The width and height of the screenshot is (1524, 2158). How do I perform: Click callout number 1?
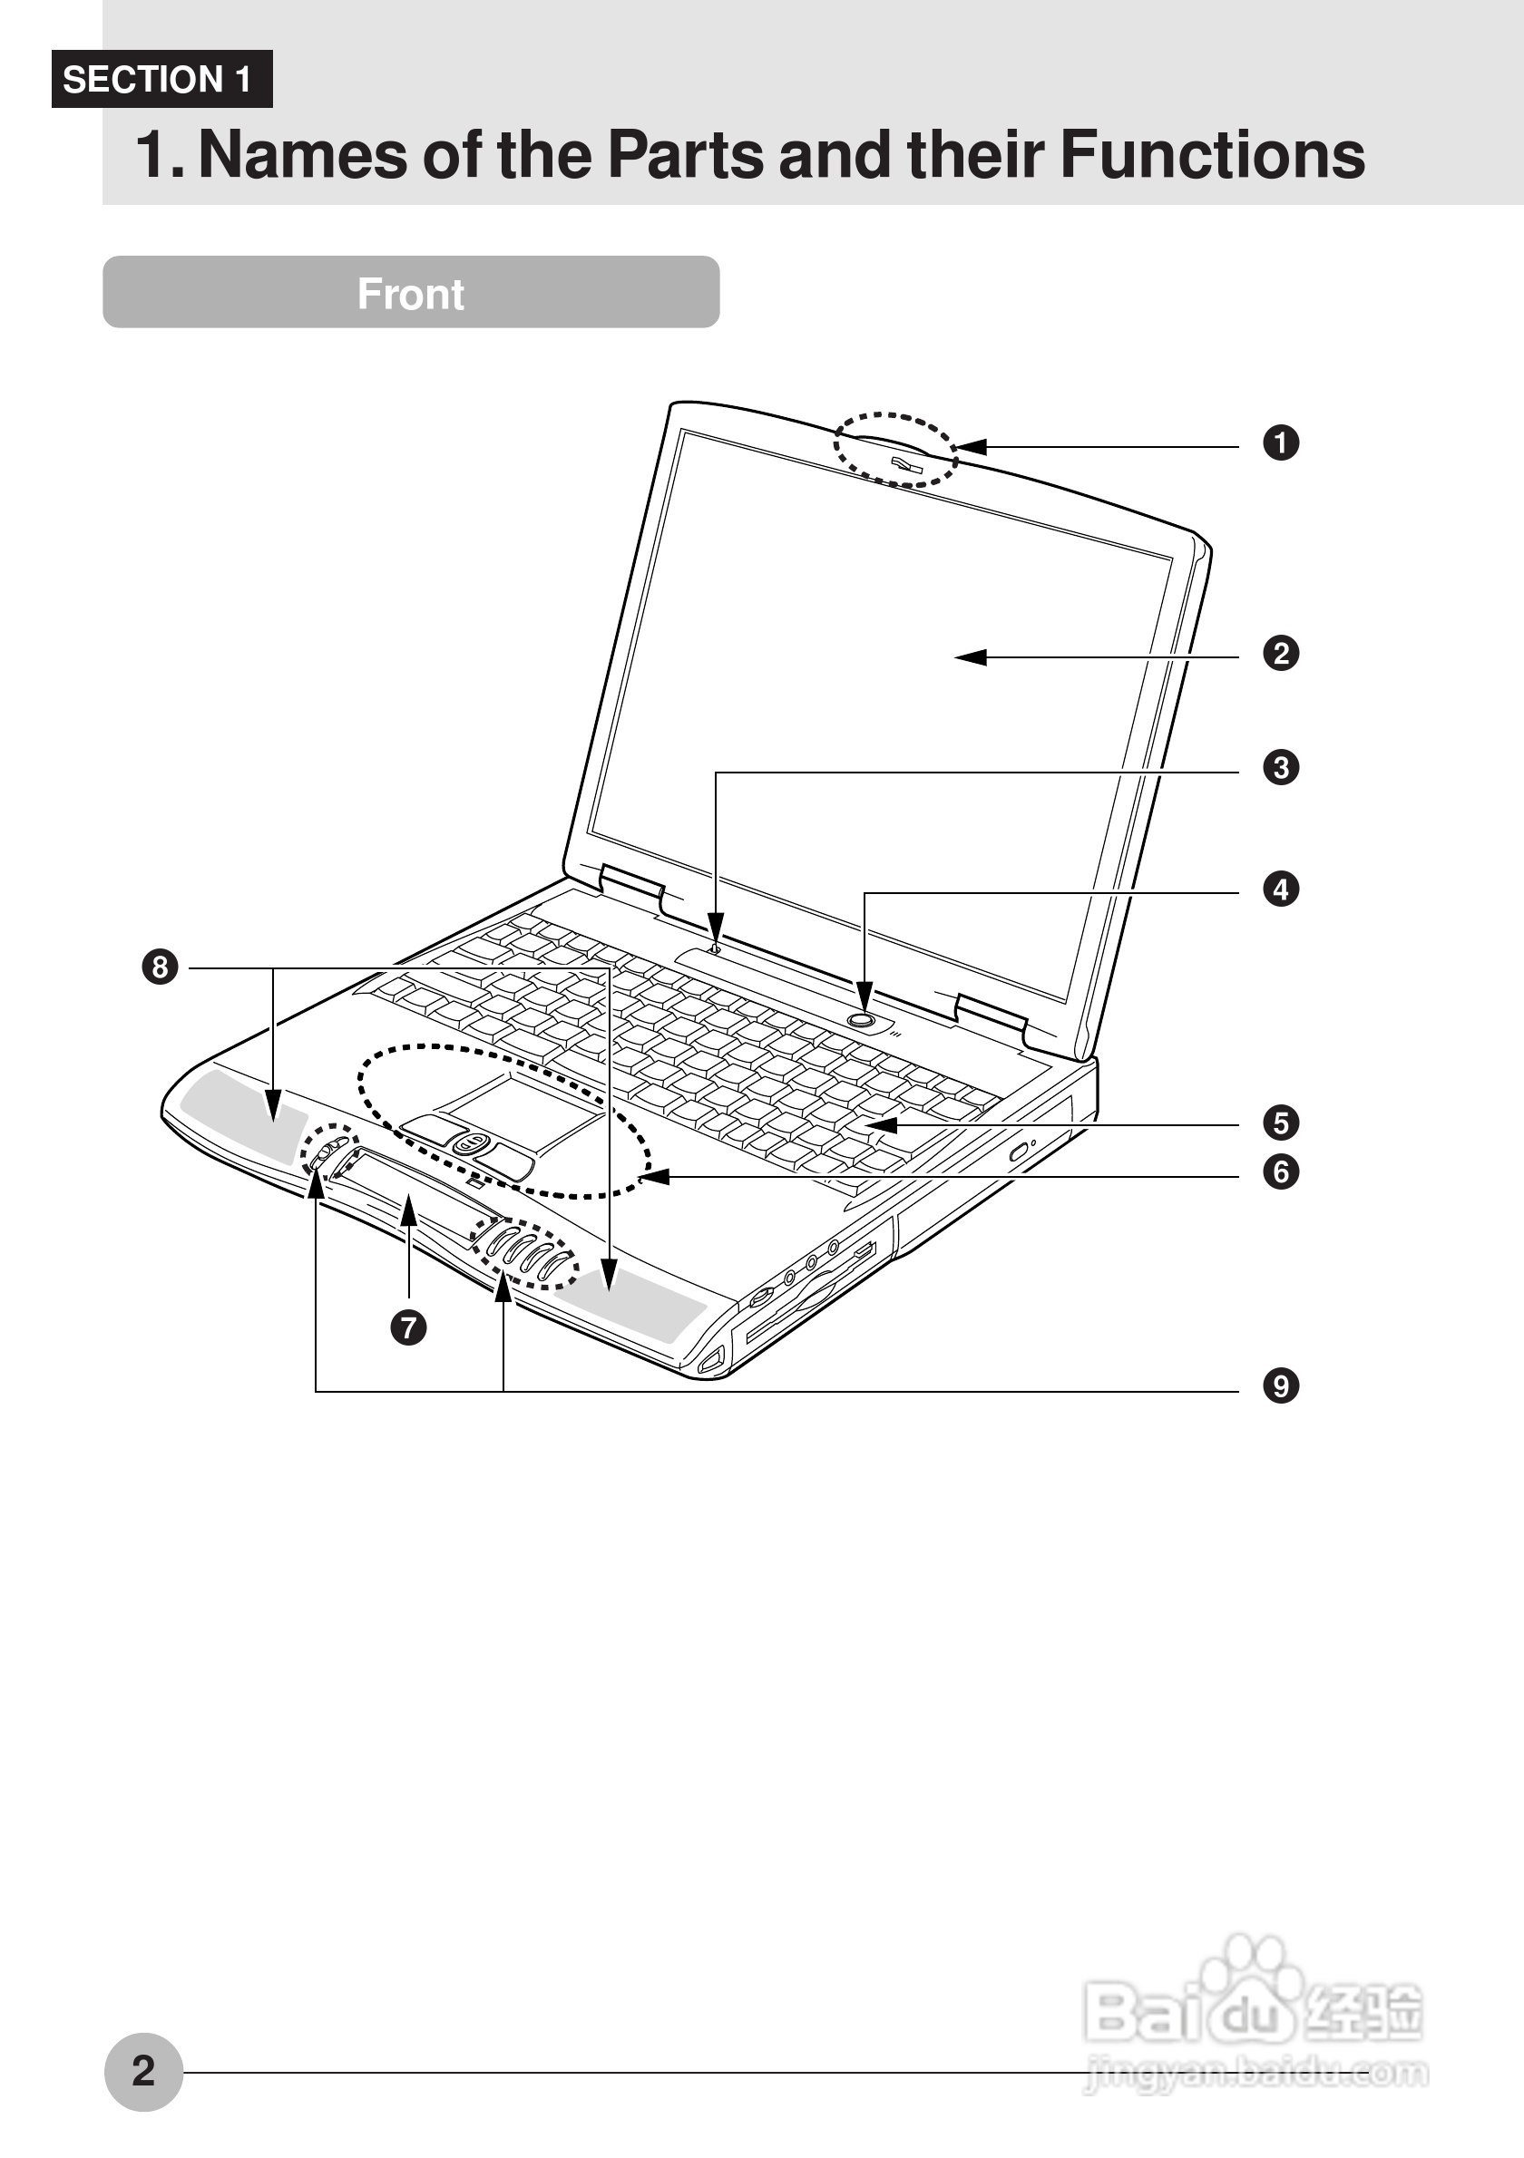point(1281,442)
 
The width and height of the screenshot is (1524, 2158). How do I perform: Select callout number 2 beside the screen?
point(1281,653)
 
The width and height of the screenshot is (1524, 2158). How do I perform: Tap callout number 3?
point(1281,767)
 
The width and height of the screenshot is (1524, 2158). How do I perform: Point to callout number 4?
point(1281,889)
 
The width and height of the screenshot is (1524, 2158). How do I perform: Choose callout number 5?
point(1281,1123)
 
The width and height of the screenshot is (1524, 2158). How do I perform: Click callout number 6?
point(1281,1172)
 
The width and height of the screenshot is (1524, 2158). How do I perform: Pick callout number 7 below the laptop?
point(408,1327)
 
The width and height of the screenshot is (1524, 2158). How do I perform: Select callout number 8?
point(160,967)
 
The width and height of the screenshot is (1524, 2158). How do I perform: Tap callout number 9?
point(1281,1385)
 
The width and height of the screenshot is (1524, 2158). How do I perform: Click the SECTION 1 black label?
point(161,79)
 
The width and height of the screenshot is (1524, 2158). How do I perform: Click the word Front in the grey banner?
point(411,294)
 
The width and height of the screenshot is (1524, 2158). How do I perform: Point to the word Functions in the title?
point(1212,155)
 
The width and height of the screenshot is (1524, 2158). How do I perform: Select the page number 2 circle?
point(143,2072)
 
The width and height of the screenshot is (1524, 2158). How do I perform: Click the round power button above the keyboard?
point(862,1019)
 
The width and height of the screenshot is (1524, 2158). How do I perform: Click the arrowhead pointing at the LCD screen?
point(972,657)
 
